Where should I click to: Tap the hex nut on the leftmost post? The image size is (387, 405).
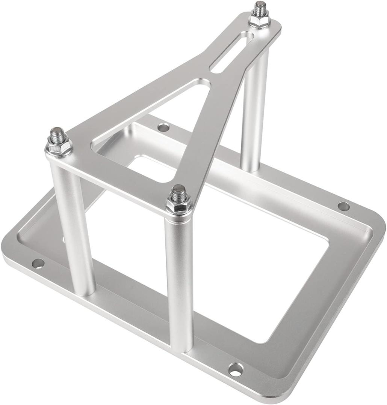(x=59, y=147)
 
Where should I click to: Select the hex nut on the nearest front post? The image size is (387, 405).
(x=179, y=205)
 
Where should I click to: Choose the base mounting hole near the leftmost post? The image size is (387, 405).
(x=38, y=263)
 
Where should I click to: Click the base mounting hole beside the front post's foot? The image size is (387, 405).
(x=236, y=369)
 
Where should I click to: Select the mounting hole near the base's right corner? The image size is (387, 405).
(x=343, y=206)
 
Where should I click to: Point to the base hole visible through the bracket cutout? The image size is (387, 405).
(x=163, y=127)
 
